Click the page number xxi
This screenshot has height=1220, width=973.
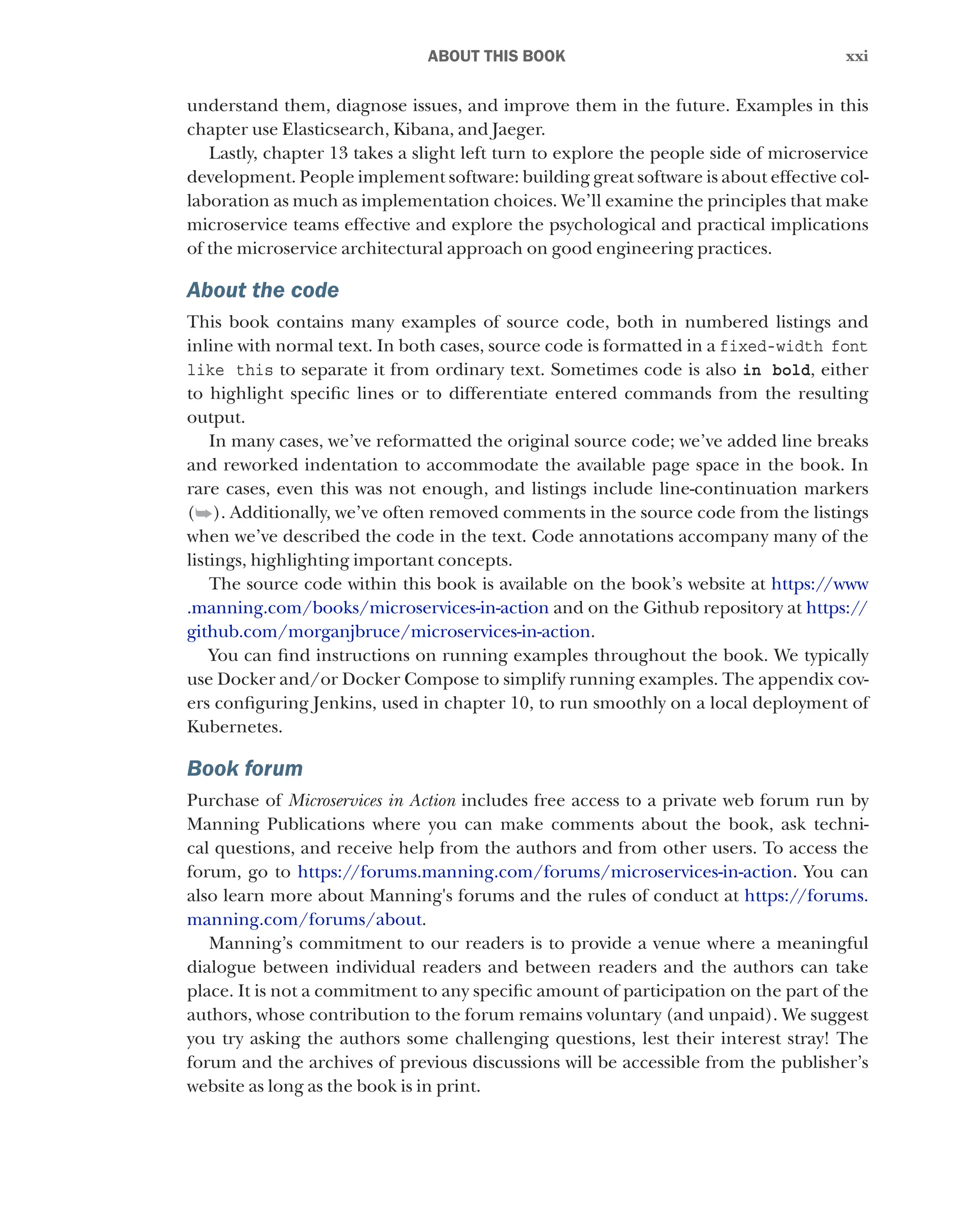[856, 56]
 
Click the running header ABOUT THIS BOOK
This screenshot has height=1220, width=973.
[496, 56]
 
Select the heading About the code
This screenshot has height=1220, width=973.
[263, 290]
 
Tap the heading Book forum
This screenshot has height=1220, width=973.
[245, 768]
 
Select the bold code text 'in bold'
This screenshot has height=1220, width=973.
[776, 370]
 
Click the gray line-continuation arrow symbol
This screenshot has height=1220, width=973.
[203, 514]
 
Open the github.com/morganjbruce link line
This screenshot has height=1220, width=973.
[388, 632]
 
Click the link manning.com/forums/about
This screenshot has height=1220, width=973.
[305, 919]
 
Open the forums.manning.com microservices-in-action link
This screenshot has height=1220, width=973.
[544, 872]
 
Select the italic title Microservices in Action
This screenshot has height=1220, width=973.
[372, 801]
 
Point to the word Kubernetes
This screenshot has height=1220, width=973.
[234, 727]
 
